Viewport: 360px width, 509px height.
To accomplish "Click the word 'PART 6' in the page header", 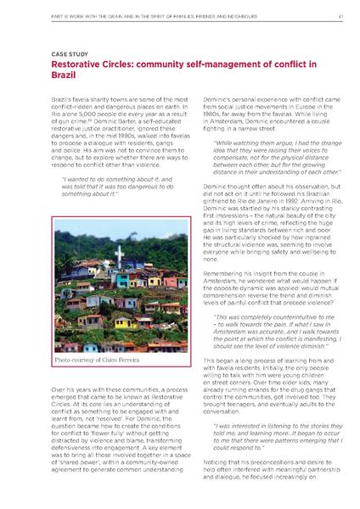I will pos(37,15).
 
